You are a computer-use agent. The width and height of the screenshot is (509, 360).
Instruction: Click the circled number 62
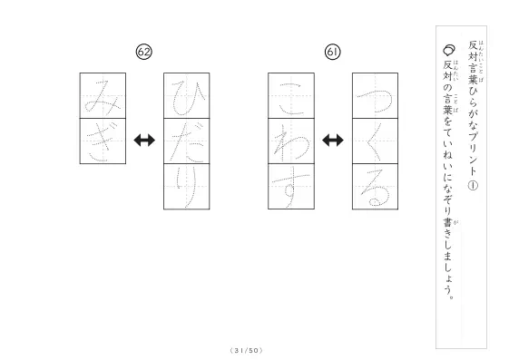click(143, 52)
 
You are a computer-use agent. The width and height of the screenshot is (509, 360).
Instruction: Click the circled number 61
click(332, 52)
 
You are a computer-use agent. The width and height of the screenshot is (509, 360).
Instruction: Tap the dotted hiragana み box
click(103, 96)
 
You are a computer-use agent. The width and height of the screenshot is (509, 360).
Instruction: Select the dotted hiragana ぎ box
click(103, 141)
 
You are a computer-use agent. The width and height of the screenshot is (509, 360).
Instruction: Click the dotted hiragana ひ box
click(187, 96)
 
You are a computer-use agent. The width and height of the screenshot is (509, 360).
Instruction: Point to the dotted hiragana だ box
click(187, 141)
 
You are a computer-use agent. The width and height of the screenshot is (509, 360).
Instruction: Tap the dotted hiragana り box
click(187, 187)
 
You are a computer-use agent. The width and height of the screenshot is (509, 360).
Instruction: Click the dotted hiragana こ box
click(291, 96)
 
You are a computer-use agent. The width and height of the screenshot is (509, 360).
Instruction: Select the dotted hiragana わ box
click(291, 141)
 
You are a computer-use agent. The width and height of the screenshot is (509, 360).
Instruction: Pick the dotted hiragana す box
click(291, 187)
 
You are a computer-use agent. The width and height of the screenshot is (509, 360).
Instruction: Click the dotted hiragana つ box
click(376, 96)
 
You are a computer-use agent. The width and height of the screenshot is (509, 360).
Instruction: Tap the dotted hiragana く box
click(376, 141)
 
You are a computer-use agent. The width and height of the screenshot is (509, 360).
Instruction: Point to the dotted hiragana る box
click(376, 187)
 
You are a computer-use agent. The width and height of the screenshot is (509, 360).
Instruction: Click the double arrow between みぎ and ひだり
click(144, 141)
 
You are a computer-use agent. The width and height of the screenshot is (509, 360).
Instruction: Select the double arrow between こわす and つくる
click(333, 141)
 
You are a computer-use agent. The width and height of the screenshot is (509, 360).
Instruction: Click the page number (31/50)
click(246, 351)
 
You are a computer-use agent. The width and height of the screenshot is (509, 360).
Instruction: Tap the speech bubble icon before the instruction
click(448, 50)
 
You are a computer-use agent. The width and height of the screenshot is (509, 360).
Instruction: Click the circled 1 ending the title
click(473, 186)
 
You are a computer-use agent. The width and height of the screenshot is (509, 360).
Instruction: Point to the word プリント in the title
click(473, 152)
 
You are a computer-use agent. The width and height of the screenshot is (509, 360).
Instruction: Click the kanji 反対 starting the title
click(473, 51)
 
